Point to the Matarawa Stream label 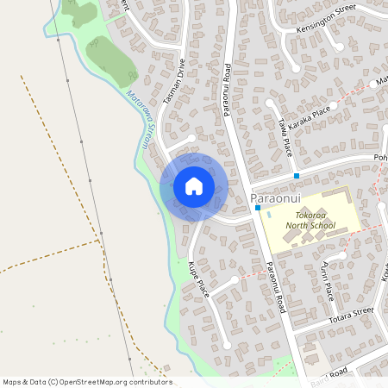click(139, 120)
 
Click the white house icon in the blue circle click(194, 186)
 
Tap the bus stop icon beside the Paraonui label click(257, 208)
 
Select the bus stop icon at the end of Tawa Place click(297, 176)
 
